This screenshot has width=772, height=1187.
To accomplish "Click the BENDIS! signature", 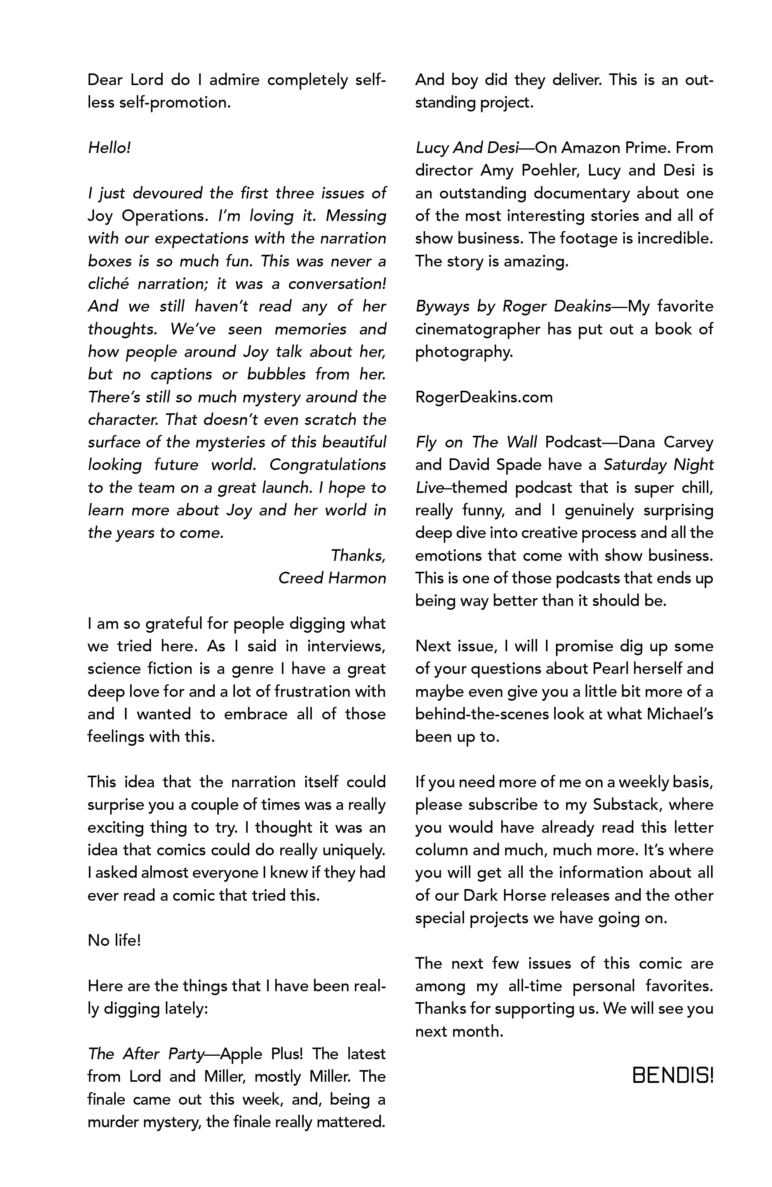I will (x=672, y=1076).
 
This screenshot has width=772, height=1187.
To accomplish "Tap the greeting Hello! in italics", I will (x=109, y=148).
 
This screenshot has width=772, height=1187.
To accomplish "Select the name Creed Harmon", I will (x=332, y=578).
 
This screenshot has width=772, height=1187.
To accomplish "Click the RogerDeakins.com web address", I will (x=484, y=397).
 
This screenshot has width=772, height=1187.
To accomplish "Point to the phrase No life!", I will (x=114, y=941).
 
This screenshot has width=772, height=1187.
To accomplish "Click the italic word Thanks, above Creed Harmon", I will (x=358, y=555).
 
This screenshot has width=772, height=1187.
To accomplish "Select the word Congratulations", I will (x=327, y=465).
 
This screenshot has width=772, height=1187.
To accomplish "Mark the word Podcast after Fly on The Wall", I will (x=574, y=442).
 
